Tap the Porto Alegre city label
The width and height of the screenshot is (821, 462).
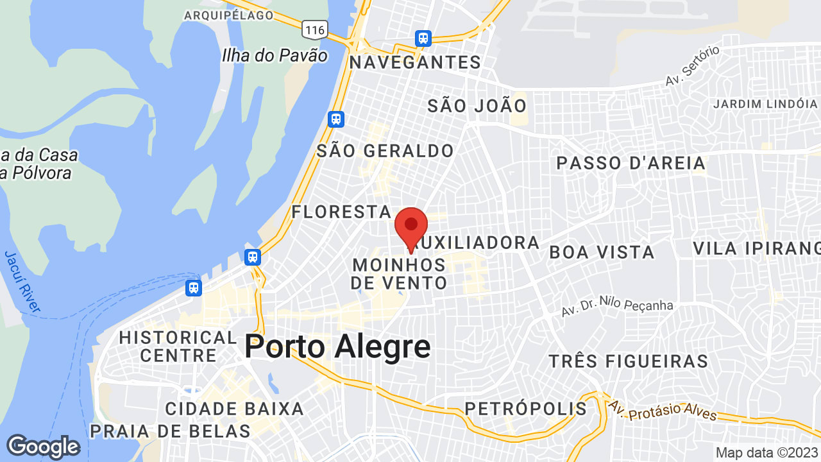337,347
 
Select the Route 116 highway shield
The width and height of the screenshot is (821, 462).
316,29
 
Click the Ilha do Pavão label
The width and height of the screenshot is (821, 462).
275,55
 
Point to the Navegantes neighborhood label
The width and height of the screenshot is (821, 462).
415,62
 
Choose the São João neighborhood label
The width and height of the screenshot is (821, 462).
477,106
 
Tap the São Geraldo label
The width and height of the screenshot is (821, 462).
385,151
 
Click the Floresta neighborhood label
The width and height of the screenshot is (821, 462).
341,212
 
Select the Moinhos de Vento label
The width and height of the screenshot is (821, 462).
399,274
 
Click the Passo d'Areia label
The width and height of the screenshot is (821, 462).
631,163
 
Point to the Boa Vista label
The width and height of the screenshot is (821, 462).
602,252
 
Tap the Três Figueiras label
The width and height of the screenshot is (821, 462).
629,361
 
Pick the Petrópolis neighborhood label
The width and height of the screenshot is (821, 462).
525,409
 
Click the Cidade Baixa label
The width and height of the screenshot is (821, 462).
234,409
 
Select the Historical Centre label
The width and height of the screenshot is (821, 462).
178,346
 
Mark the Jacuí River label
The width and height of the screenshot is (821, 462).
22,282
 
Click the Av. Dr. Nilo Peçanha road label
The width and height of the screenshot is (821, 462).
617,307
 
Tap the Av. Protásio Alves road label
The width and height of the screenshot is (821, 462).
663,411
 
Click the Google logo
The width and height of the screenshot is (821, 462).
43,447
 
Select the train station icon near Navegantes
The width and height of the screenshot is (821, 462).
423,38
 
